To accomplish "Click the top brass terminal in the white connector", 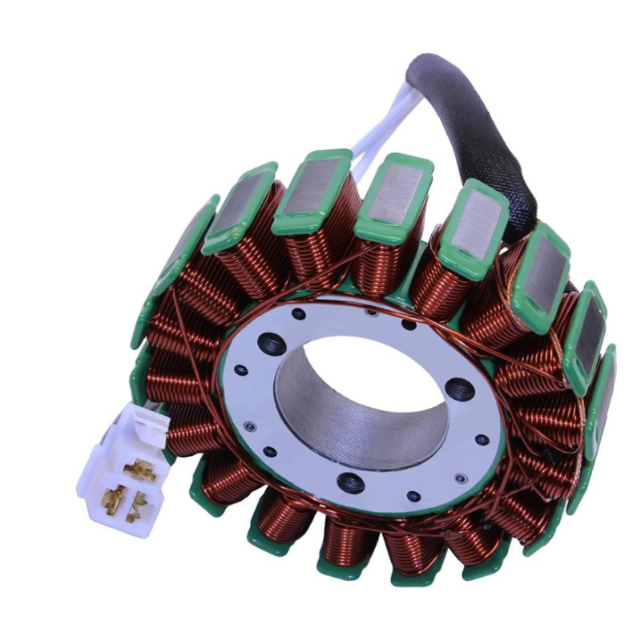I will tap(140, 467).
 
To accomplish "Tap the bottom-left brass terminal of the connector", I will tap(115, 495).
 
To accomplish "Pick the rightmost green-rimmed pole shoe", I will tap(602, 401).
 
